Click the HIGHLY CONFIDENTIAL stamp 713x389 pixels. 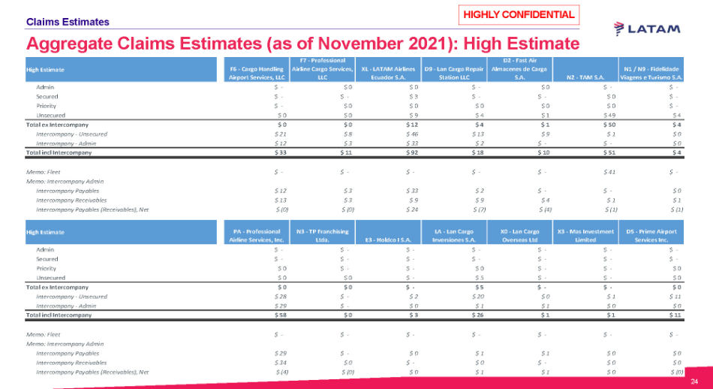click(519, 14)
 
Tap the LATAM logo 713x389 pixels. click(647, 29)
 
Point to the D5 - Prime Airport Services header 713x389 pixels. click(653, 235)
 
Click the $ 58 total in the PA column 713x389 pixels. click(280, 315)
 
